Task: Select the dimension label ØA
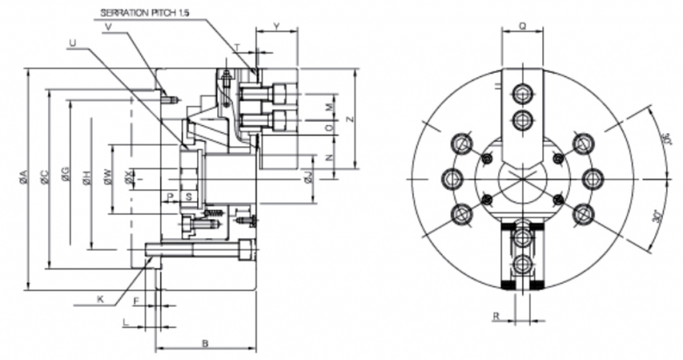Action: pyautogui.click(x=23, y=180)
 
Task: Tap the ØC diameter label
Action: pyautogui.click(x=44, y=180)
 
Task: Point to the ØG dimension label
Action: pyautogui.click(x=66, y=180)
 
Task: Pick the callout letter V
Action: pyautogui.click(x=108, y=28)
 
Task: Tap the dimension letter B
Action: pyautogui.click(x=207, y=342)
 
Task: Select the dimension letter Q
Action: pyautogui.click(x=522, y=26)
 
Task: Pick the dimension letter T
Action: pyautogui.click(x=237, y=46)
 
